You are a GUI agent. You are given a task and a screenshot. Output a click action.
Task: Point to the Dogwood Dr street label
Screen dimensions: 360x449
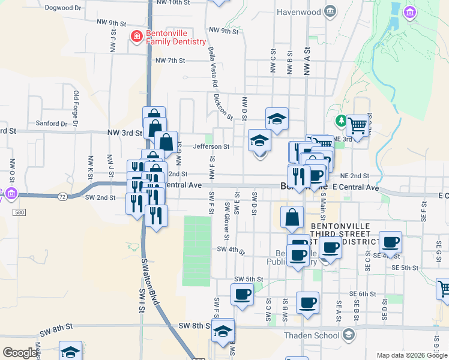tap(63, 8)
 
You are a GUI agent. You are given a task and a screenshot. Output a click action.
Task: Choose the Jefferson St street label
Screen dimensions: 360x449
tap(211, 146)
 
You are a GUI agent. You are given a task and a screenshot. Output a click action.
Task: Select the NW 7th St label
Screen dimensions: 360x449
tap(170, 61)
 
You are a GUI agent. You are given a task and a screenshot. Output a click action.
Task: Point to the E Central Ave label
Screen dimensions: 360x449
tap(355, 188)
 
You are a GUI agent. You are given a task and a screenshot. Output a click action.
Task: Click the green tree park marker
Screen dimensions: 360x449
tap(341, 122)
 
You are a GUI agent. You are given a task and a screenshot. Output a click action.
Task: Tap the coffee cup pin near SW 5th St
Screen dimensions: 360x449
tap(242, 295)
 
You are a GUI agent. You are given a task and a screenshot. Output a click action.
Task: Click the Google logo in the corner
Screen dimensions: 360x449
tap(20, 352)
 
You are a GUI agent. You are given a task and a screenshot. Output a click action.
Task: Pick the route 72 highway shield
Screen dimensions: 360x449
tap(62, 196)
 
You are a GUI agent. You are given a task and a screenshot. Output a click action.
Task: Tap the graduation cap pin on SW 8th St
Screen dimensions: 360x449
tap(223, 331)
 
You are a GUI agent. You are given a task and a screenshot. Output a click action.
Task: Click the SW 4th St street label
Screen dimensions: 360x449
tap(231, 250)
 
